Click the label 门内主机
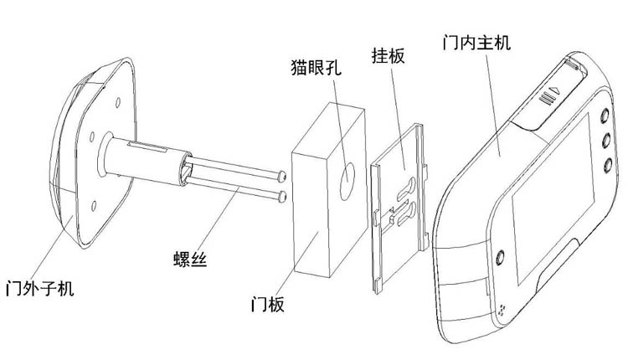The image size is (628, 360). [x=476, y=42]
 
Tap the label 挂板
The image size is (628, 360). [x=388, y=55]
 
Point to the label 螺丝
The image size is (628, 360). [x=190, y=259]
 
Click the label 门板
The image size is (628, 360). [x=268, y=305]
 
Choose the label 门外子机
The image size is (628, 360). [x=39, y=288]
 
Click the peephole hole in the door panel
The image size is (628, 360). [x=347, y=182]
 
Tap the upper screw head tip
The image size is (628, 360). [x=282, y=176]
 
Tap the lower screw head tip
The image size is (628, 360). [x=283, y=196]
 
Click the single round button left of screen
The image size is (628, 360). [x=500, y=258]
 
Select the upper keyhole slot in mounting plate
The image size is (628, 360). [x=407, y=190]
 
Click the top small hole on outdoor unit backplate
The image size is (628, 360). [x=118, y=102]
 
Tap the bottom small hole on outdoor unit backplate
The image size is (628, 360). [x=94, y=206]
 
